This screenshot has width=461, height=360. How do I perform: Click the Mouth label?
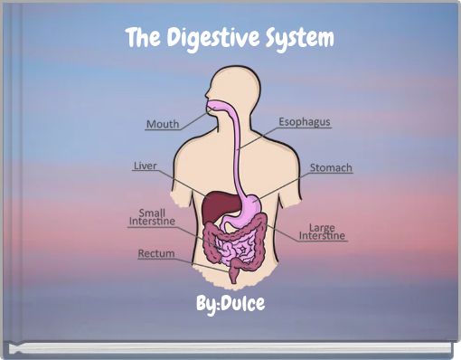pos(163,123)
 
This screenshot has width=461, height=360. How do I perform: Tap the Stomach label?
pos(331,168)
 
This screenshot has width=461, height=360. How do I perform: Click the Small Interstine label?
pos(152,217)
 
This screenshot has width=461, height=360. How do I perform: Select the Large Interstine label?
pos(322,232)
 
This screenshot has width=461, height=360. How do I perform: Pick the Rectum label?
pos(155,254)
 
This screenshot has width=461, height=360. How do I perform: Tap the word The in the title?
pos(139,39)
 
